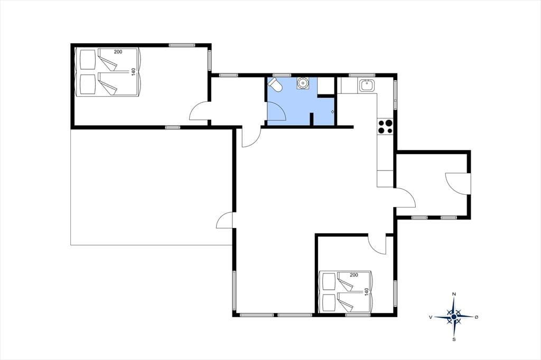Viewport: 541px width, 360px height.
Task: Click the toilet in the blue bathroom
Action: pyautogui.click(x=275, y=84)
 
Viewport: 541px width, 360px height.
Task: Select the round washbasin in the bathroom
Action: pyautogui.click(x=303, y=83)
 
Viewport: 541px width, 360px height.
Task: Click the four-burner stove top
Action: pyautogui.click(x=385, y=126)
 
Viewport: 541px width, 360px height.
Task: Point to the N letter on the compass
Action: pyautogui.click(x=454, y=294)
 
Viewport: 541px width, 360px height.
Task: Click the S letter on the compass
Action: pyautogui.click(x=454, y=339)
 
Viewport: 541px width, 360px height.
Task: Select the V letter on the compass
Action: pyautogui.click(x=431, y=317)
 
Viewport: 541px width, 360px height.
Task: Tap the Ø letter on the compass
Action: pyautogui.click(x=477, y=317)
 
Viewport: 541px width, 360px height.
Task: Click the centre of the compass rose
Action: pyautogui.click(x=454, y=317)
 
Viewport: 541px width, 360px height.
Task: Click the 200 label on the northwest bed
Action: pyautogui.click(x=118, y=52)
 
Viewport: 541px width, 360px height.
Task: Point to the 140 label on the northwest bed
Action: pyautogui.click(x=133, y=72)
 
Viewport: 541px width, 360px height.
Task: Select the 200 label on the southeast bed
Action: pyautogui.click(x=353, y=275)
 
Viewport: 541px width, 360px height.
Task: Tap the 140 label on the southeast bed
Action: pyautogui.click(x=367, y=292)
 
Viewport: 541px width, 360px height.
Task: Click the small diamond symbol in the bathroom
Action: pyautogui.click(x=332, y=112)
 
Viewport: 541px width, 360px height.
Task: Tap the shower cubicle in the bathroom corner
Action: pyautogui.click(x=325, y=86)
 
